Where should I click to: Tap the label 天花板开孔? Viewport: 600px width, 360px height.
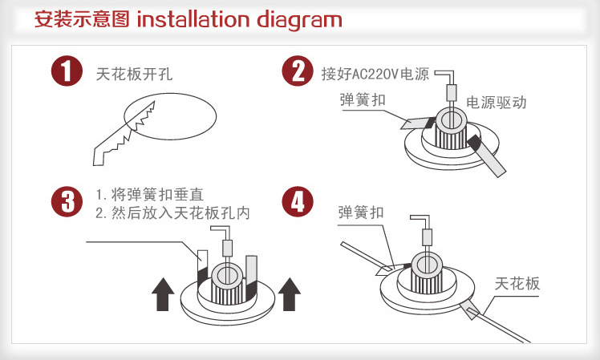click(x=134, y=75)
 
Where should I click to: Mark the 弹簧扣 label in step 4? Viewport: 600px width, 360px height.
click(x=362, y=212)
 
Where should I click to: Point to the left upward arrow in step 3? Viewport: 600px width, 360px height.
click(x=164, y=293)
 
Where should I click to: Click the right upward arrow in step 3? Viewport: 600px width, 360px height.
click(x=290, y=293)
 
